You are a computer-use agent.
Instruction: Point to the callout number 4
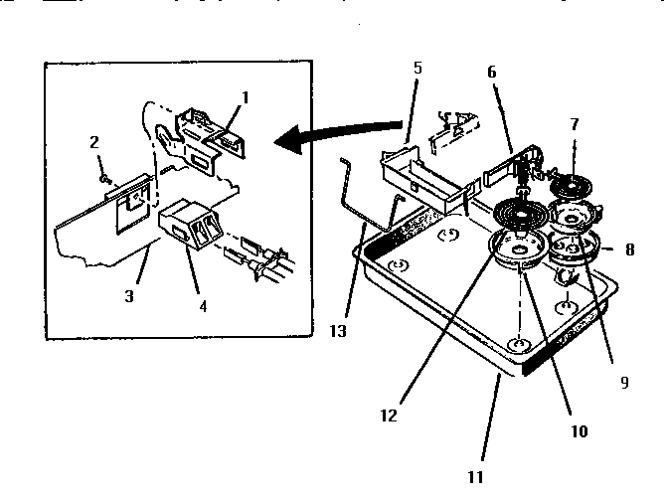pos(203,307)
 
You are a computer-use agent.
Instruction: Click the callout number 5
pos(417,69)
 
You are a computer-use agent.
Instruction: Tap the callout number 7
pos(574,124)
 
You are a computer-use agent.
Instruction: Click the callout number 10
pos(579,431)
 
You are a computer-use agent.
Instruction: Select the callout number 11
pos(476,476)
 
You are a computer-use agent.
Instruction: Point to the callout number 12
pos(390,417)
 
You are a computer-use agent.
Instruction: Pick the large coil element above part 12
pos(522,213)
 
